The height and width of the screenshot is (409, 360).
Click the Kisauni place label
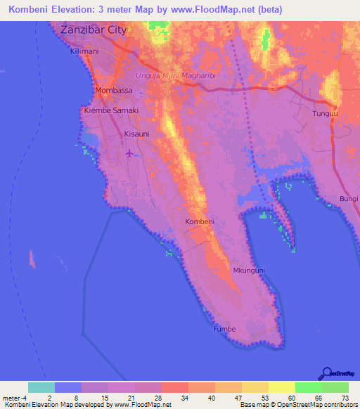pos(137,133)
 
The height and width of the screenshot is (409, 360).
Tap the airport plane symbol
pos(128,152)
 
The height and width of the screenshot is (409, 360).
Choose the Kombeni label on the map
pos(199,222)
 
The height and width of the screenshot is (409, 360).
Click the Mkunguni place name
pos(249,270)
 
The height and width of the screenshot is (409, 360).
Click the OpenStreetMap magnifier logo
pos(327,374)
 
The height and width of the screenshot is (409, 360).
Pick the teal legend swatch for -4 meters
pos(41,387)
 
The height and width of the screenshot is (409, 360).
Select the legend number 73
pos(345,398)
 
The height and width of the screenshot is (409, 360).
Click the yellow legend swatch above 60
pos(282,387)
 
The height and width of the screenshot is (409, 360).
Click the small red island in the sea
pos(32,259)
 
